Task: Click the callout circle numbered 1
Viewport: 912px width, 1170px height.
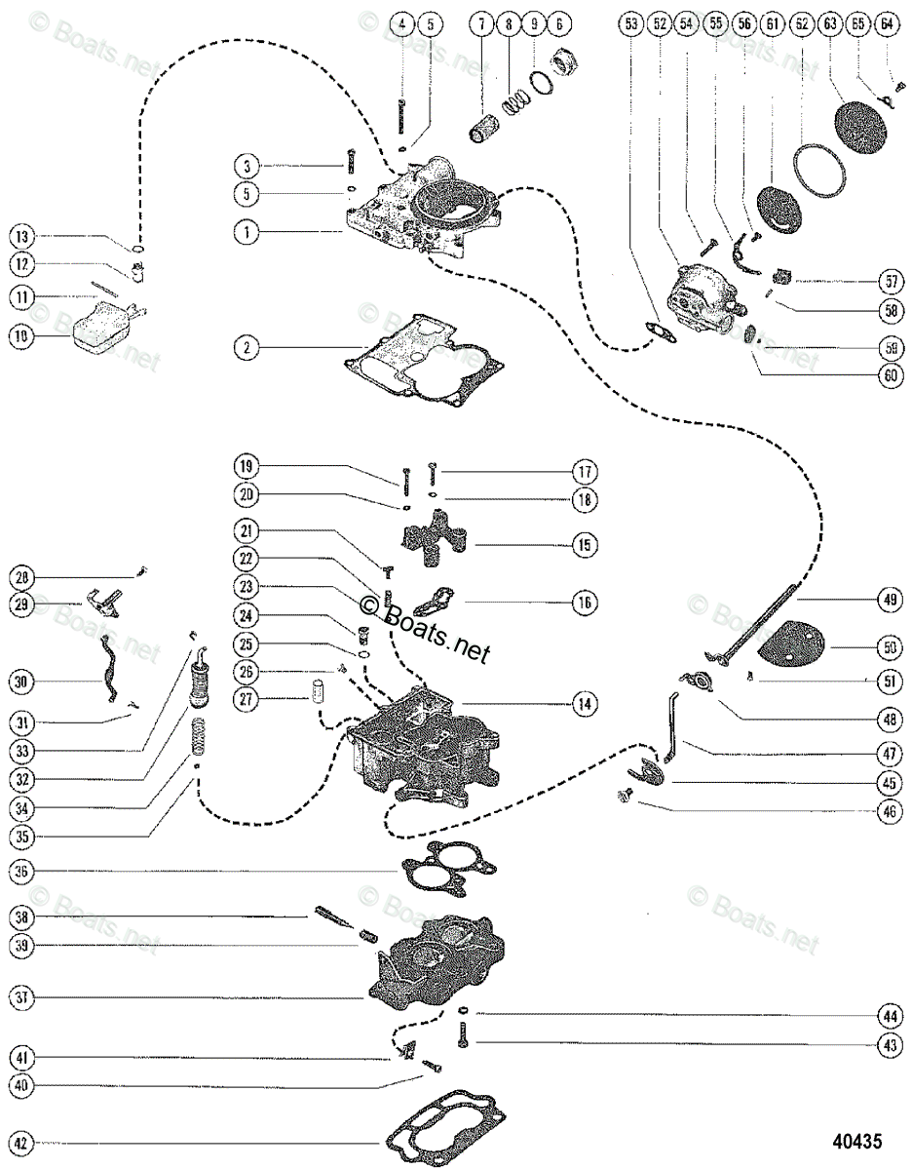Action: (x=247, y=232)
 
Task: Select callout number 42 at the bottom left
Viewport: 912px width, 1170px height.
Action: (x=22, y=1143)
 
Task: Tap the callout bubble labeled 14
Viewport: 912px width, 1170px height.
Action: (x=583, y=703)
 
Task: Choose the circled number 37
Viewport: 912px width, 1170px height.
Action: (x=22, y=997)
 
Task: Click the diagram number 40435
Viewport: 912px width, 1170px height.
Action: (x=856, y=1139)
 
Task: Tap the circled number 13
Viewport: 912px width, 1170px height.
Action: (x=22, y=236)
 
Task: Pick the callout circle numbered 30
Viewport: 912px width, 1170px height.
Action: (x=22, y=681)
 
